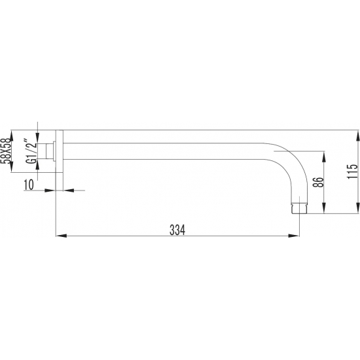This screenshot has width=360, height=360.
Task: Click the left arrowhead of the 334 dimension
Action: click(61, 236)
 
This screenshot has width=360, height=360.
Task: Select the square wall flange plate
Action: click(60, 151)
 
